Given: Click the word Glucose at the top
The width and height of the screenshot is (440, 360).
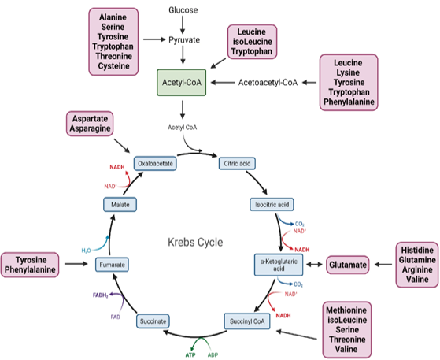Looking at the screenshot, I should tap(183, 10).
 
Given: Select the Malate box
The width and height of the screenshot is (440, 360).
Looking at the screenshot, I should tap(120, 204).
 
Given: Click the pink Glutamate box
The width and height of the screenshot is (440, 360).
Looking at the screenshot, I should tap(348, 265).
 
